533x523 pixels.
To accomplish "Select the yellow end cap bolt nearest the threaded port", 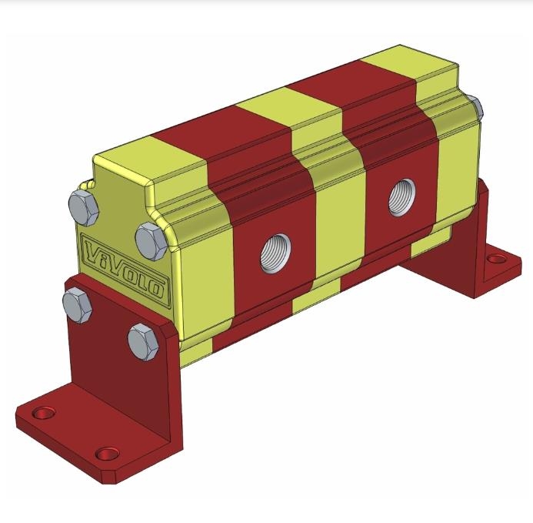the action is tap(151, 241).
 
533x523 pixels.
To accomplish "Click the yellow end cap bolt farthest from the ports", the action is tap(83, 208).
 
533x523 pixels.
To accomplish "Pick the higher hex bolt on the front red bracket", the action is tap(77, 305).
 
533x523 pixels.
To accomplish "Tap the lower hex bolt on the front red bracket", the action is tap(143, 342).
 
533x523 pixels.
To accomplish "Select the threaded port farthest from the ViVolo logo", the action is tap(402, 197).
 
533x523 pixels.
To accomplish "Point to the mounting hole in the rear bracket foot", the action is tap(496, 259).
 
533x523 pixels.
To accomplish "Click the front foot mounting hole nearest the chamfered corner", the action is tap(107, 454).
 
